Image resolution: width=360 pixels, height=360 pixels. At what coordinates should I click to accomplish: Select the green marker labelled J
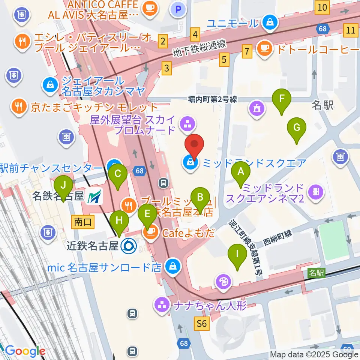63,185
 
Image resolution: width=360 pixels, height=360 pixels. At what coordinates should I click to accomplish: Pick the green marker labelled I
237,255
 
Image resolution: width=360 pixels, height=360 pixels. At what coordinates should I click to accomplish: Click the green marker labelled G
296,128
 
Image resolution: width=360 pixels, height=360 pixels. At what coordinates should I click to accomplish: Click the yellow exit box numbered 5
224,59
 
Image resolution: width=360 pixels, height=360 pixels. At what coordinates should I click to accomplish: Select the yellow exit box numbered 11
351,30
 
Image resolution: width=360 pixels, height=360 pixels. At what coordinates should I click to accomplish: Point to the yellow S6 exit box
202,323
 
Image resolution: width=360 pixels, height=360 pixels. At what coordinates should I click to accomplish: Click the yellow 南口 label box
82,222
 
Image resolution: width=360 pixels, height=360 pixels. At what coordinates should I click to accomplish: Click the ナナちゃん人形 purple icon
162,304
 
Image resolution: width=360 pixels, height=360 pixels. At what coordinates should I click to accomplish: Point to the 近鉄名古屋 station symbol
129,246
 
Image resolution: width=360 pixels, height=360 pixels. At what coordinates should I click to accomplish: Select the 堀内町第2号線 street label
212,99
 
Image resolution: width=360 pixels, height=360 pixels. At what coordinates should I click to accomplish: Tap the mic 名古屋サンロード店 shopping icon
173,267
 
